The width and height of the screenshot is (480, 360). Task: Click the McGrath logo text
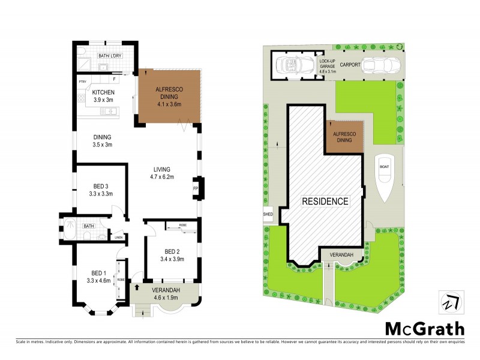[424, 329]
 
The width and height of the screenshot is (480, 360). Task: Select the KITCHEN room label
[103, 92]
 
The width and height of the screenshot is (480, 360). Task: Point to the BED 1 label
[98, 273]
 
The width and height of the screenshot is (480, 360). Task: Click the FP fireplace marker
[195, 188]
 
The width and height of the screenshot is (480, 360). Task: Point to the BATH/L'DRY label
[109, 56]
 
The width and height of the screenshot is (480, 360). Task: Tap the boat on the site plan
[384, 175]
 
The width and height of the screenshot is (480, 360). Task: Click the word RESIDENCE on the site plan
[325, 202]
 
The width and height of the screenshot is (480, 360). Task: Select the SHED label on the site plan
[268, 214]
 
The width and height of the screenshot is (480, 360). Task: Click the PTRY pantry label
[83, 81]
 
